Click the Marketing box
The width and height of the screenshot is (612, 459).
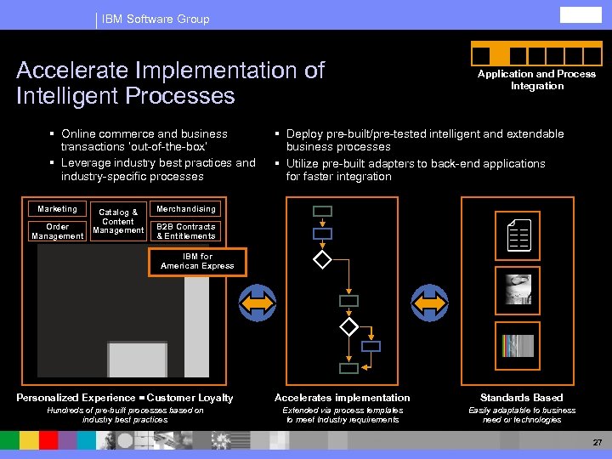pyautogui.click(x=57, y=209)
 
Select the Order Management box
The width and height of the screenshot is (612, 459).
pyautogui.click(x=57, y=231)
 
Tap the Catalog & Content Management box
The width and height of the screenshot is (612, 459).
pyautogui.click(x=118, y=221)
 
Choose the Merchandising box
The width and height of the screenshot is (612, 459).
pyautogui.click(x=186, y=209)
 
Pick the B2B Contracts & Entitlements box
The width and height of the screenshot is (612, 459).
pyautogui.click(x=186, y=231)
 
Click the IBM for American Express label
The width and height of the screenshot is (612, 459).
pyautogui.click(x=197, y=261)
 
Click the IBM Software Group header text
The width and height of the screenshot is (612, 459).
pyautogui.click(x=156, y=19)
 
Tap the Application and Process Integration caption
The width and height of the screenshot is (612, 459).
pyautogui.click(x=536, y=80)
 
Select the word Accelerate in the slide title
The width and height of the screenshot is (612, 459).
pyautogui.click(x=71, y=71)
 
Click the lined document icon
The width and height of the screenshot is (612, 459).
pyautogui.click(x=518, y=234)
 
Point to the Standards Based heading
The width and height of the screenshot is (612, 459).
pyautogui.click(x=521, y=398)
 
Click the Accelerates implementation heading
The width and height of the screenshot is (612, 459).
pyautogui.click(x=343, y=398)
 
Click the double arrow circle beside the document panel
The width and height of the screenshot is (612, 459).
pyautogui.click(x=429, y=302)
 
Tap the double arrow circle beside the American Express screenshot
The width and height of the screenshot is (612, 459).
pyautogui.click(x=258, y=302)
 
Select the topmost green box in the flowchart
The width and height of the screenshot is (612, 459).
pyautogui.click(x=322, y=212)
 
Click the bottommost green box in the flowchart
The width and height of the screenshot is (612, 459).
pyautogui.click(x=348, y=369)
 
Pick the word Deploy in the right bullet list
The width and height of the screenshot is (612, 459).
pyautogui.click(x=304, y=134)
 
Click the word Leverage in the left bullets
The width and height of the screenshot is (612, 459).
pyautogui.click(x=87, y=163)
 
